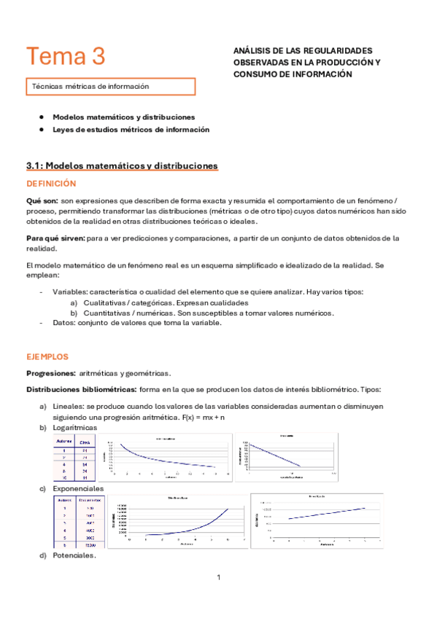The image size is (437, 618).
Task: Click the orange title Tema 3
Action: click(x=66, y=56)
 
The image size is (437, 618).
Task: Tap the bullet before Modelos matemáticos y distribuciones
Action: click(x=43, y=117)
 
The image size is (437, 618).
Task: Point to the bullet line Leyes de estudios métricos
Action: click(x=131, y=130)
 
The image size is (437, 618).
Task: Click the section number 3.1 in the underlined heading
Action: click(x=34, y=166)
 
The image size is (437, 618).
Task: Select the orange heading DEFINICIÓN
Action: click(x=51, y=184)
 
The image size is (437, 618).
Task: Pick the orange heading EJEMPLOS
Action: click(x=47, y=357)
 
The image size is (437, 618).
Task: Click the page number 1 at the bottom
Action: click(x=218, y=578)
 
